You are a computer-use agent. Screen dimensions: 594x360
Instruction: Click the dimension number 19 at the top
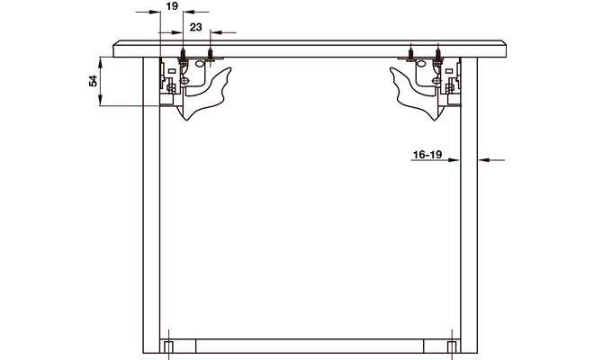(172, 6)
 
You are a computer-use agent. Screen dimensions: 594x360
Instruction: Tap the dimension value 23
(196, 27)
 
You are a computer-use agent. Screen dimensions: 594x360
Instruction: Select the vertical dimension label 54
(94, 81)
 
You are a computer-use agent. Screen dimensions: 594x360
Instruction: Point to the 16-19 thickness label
(427, 155)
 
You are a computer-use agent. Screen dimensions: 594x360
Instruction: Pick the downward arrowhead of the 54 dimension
(101, 100)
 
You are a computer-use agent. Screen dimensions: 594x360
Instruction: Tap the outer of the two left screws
(183, 55)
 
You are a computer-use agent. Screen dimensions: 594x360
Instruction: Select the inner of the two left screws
(210, 54)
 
